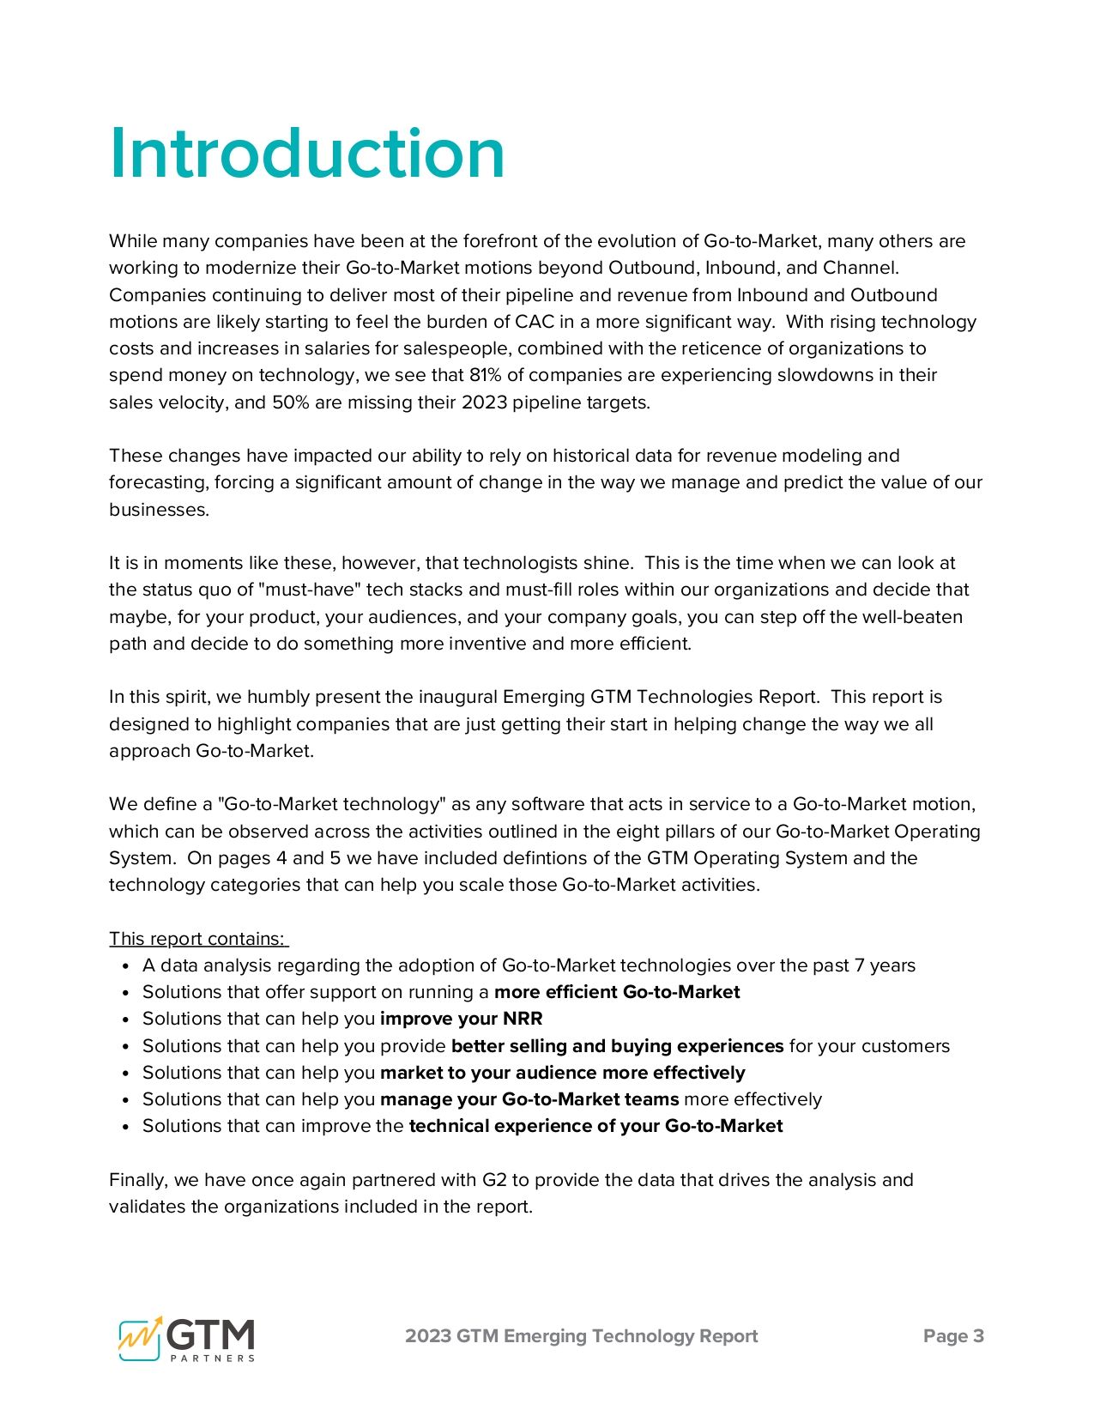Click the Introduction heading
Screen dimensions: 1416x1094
click(307, 154)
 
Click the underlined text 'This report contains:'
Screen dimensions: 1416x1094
click(197, 939)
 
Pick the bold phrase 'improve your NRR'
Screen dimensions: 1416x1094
click(461, 1019)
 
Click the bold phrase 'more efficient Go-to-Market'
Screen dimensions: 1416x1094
click(617, 992)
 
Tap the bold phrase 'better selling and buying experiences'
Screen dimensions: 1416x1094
click(617, 1046)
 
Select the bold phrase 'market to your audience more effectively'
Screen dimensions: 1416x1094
click(562, 1073)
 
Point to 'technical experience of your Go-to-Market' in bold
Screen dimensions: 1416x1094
click(595, 1126)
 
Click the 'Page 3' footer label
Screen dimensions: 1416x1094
click(953, 1336)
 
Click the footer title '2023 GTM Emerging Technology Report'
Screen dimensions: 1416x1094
click(581, 1336)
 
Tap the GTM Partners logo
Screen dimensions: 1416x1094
click(187, 1338)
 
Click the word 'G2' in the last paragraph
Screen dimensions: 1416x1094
click(494, 1180)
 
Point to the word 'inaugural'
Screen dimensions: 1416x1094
click(457, 697)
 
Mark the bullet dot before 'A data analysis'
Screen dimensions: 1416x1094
click(126, 966)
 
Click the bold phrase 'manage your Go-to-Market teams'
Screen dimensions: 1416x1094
click(529, 1099)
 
